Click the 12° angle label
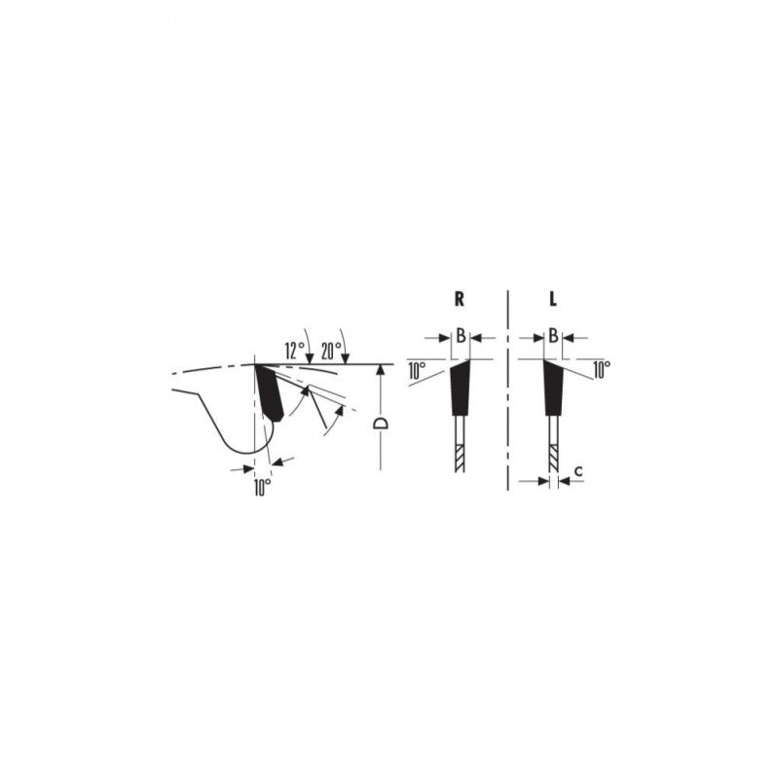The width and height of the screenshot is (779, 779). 294,351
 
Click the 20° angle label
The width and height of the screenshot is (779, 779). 331,351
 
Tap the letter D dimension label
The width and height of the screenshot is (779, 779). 381,424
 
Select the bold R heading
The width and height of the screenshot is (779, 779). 460,299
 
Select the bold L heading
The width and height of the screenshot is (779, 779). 553,299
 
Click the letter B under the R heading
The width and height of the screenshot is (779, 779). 461,336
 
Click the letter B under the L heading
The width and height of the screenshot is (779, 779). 553,336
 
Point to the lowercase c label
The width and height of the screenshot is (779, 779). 578,470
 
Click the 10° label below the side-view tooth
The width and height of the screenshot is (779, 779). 262,488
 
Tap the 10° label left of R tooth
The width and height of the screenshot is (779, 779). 417,371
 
